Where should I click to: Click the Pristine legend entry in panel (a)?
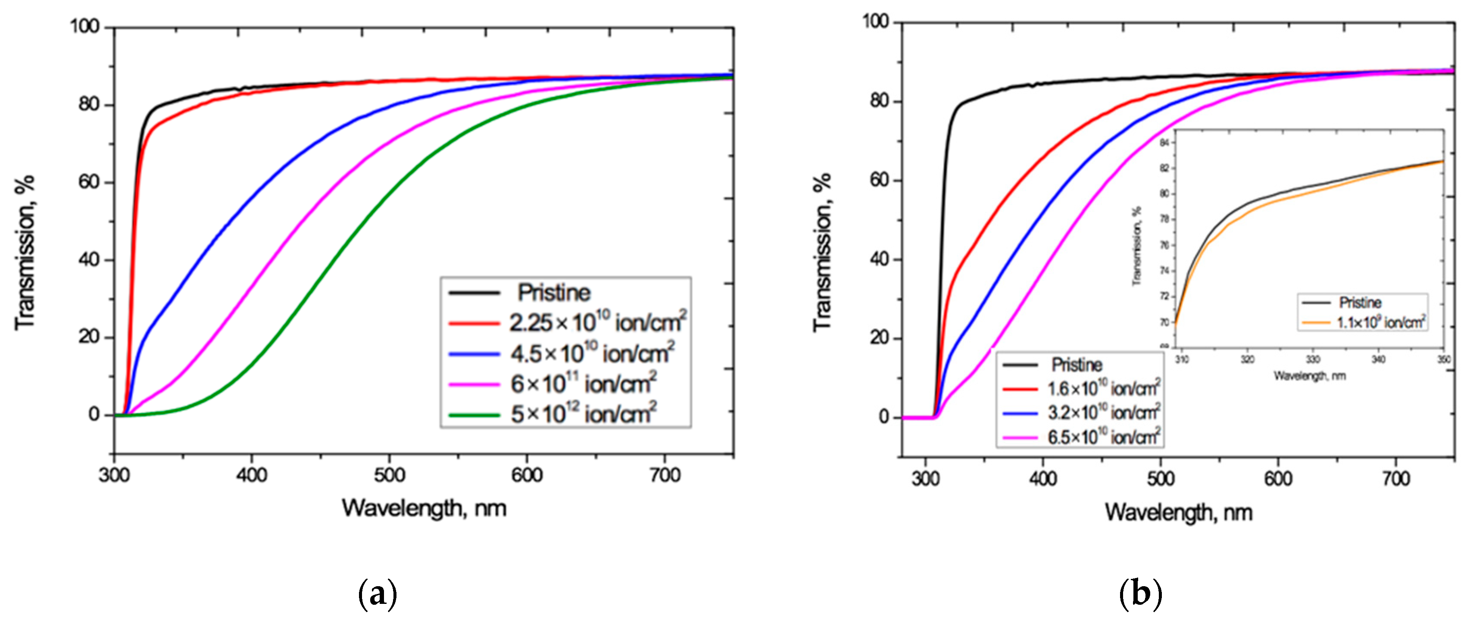click(x=553, y=293)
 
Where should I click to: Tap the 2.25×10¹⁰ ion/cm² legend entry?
click(x=597, y=322)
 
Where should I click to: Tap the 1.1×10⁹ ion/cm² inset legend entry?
click(x=1380, y=322)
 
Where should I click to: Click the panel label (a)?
click(x=377, y=594)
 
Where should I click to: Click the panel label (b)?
click(x=1140, y=594)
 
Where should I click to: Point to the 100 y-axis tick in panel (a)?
click(x=84, y=26)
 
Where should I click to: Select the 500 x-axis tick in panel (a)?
click(x=389, y=475)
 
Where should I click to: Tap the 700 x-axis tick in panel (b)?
click(x=1396, y=478)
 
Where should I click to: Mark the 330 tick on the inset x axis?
click(x=1313, y=359)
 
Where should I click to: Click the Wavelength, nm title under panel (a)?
click(x=424, y=507)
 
